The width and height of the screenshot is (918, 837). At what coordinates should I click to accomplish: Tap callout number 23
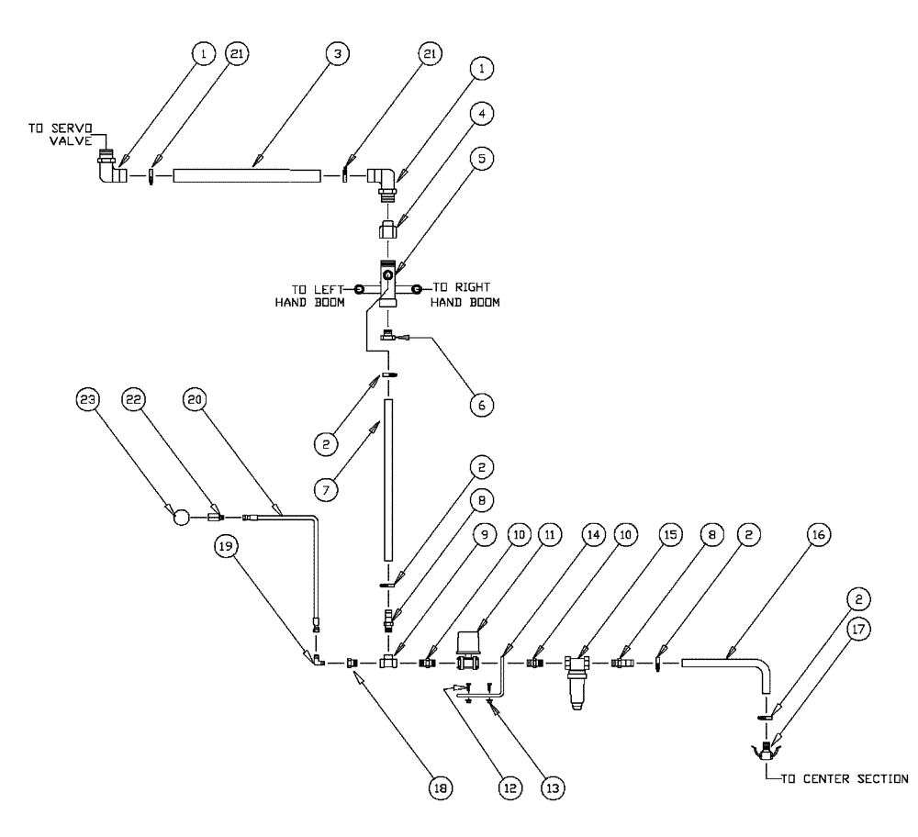[87, 399]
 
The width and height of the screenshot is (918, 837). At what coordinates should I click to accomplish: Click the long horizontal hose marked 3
[246, 174]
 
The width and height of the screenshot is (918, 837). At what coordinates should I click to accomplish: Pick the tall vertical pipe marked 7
[389, 477]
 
